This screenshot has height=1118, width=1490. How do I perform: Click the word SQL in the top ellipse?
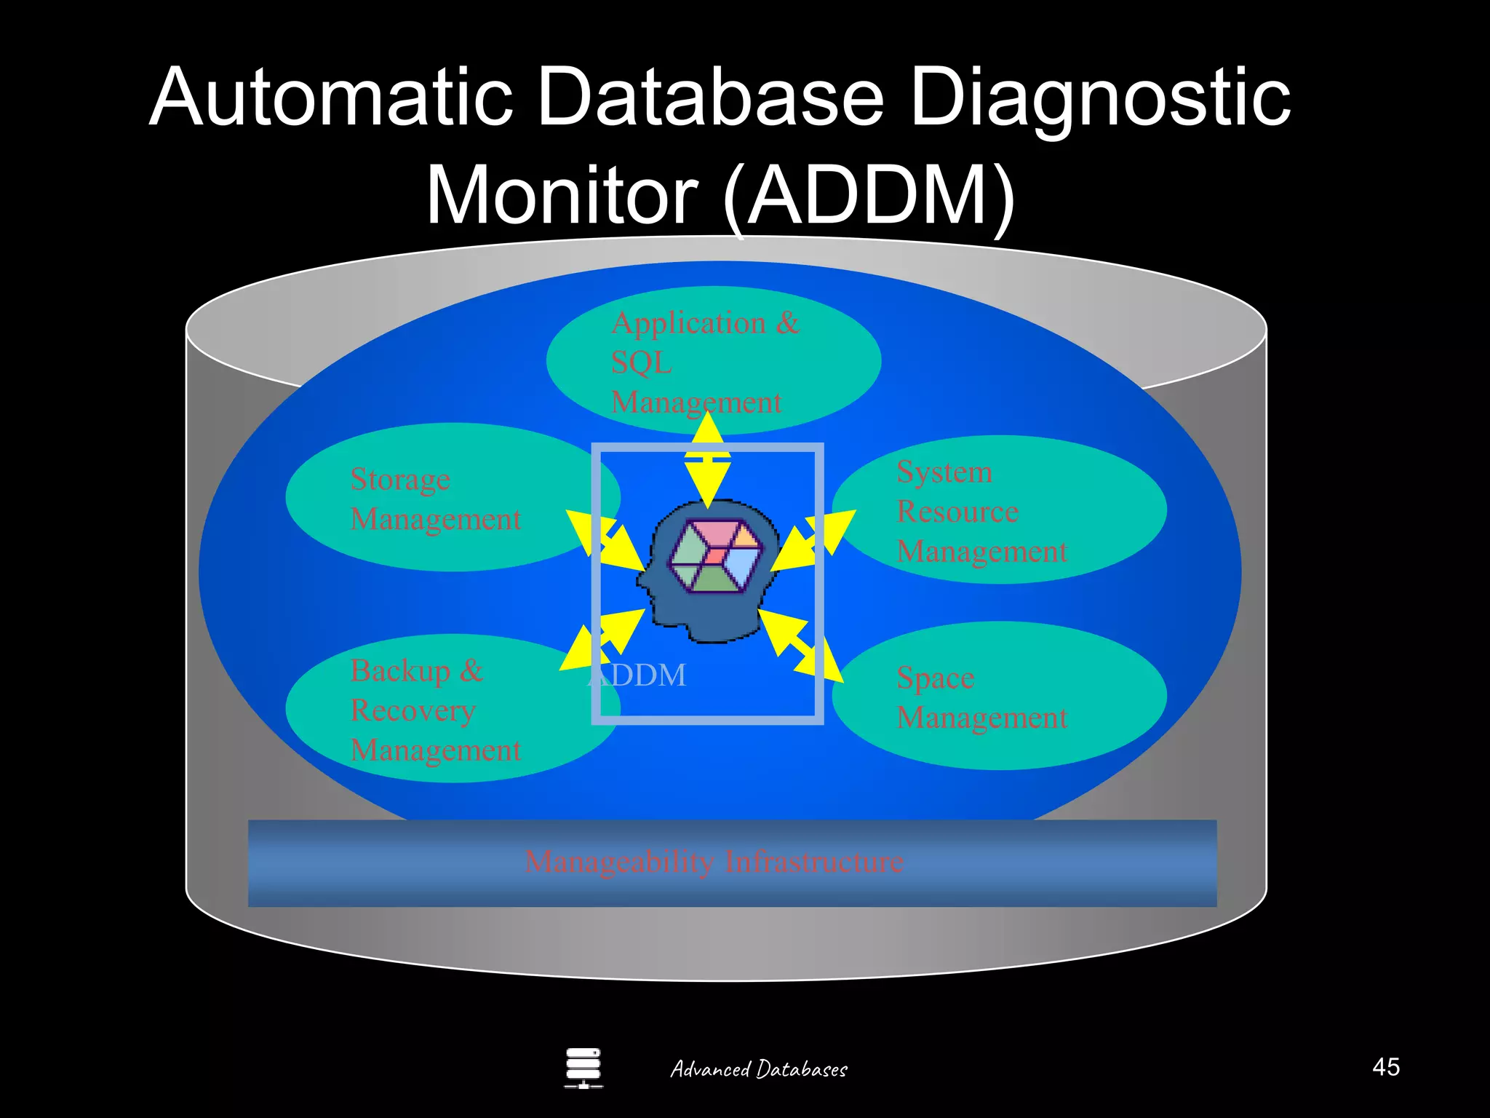pos(641,362)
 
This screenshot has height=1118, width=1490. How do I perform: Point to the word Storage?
pos(400,480)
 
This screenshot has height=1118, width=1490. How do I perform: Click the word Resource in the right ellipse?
pos(957,512)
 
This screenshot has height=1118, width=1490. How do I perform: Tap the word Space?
pos(935,678)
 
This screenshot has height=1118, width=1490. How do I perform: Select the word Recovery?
pos(413,710)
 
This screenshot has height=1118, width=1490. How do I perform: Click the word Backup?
pos(400,670)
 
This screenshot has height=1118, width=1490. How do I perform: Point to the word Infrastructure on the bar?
pos(814,862)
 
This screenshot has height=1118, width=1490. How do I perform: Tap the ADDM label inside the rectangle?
pos(637,675)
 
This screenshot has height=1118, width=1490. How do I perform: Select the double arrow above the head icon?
pos(707,459)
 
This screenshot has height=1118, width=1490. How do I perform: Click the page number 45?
pos(1385,1067)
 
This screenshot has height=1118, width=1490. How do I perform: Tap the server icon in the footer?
pos(583,1068)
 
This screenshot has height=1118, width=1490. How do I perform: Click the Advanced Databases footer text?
pos(758,1069)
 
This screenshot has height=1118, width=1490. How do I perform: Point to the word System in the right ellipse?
pos(944,472)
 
